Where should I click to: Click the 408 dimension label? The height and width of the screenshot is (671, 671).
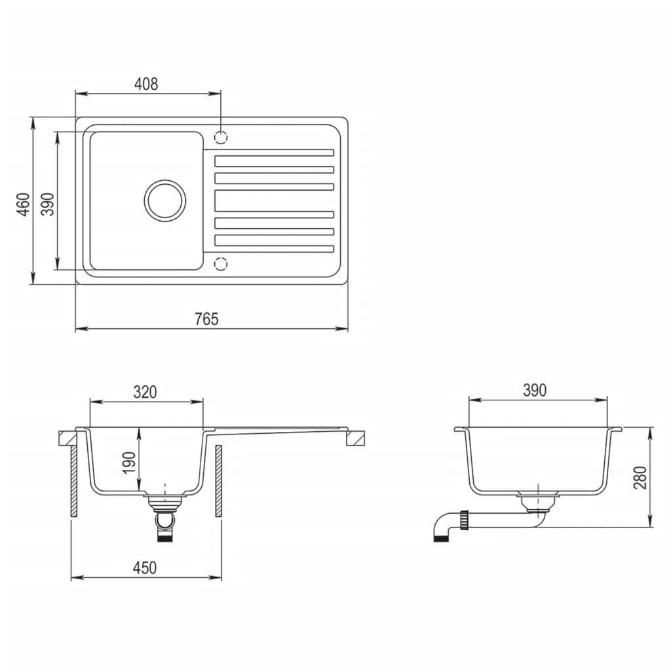146,84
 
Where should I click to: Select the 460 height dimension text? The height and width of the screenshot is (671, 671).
24,204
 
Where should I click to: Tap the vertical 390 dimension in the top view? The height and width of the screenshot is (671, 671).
48,204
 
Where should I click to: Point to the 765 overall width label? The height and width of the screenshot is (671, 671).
206,319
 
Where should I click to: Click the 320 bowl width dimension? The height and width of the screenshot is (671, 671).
145,392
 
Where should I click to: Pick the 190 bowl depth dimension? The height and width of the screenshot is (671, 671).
129,463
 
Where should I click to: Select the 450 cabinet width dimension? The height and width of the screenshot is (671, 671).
145,567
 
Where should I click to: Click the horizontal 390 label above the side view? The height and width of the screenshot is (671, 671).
534,391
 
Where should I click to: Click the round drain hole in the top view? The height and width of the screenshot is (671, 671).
164,199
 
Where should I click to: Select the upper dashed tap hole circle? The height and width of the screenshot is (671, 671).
221,138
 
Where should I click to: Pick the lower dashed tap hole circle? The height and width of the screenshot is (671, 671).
221,263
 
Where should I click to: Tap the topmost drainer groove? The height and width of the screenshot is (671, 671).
274,153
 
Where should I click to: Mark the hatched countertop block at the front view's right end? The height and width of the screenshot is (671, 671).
355,437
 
